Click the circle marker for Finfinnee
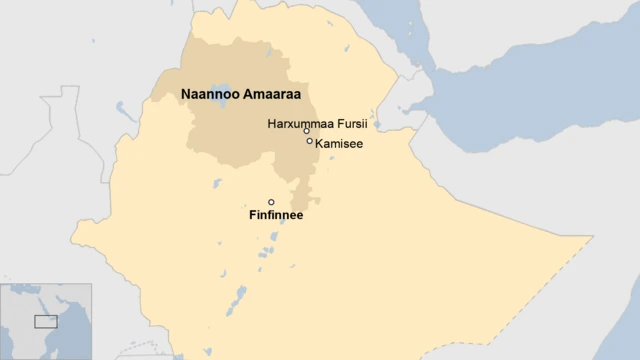coord(271,202)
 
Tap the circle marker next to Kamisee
coord(310,141)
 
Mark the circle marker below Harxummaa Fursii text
coord(307,131)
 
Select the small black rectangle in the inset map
coord(46,321)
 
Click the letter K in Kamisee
coord(319,144)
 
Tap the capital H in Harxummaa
coord(272,124)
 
